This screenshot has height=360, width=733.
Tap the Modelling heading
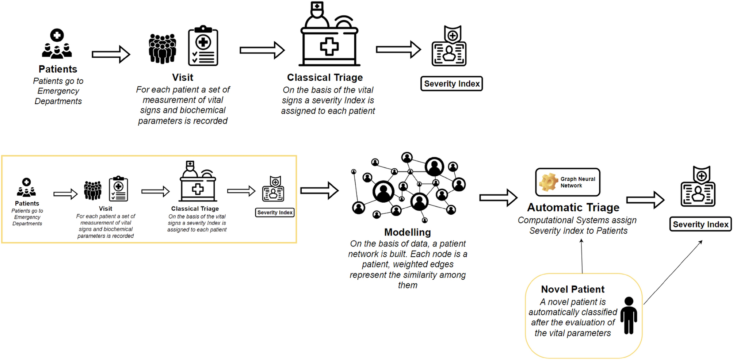pos(407,232)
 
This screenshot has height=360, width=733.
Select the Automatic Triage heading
pos(573,207)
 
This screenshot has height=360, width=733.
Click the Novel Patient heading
pos(572,289)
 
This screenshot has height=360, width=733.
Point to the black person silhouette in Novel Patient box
pos(629,315)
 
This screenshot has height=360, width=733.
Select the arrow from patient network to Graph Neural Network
pos(498,198)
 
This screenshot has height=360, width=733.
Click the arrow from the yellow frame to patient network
pos(319,190)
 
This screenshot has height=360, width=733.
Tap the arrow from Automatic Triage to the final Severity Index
pos(645,200)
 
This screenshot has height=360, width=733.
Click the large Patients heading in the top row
pos(58,69)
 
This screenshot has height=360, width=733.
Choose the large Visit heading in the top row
pos(183,77)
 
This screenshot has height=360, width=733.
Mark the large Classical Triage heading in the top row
pos(325,77)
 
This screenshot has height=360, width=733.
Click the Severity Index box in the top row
pos(451,84)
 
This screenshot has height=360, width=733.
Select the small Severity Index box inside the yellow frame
pos(275,212)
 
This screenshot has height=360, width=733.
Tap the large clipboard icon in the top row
pos(203,46)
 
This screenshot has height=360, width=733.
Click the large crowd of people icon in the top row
pos(163,49)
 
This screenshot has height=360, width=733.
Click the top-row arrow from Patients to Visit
pos(111,54)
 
